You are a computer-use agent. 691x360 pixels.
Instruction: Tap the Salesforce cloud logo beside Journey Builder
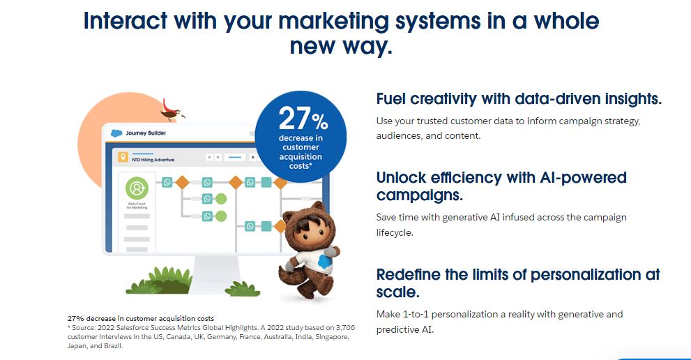pos(116,133)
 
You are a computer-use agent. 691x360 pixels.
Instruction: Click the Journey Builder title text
pos(146,133)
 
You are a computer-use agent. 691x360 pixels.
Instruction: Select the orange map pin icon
pos(123,158)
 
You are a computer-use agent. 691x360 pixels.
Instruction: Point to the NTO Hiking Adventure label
pos(153,160)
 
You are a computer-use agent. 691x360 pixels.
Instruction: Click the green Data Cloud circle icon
pos(137,189)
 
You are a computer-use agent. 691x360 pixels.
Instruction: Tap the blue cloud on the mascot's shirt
pos(324,261)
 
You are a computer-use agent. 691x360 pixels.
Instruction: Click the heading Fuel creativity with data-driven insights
pos(519,99)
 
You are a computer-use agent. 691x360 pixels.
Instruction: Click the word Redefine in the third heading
pos(408,274)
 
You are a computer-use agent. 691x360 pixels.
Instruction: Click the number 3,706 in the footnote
pos(341,327)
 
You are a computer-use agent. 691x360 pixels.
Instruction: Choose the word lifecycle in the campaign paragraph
pos(395,232)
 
